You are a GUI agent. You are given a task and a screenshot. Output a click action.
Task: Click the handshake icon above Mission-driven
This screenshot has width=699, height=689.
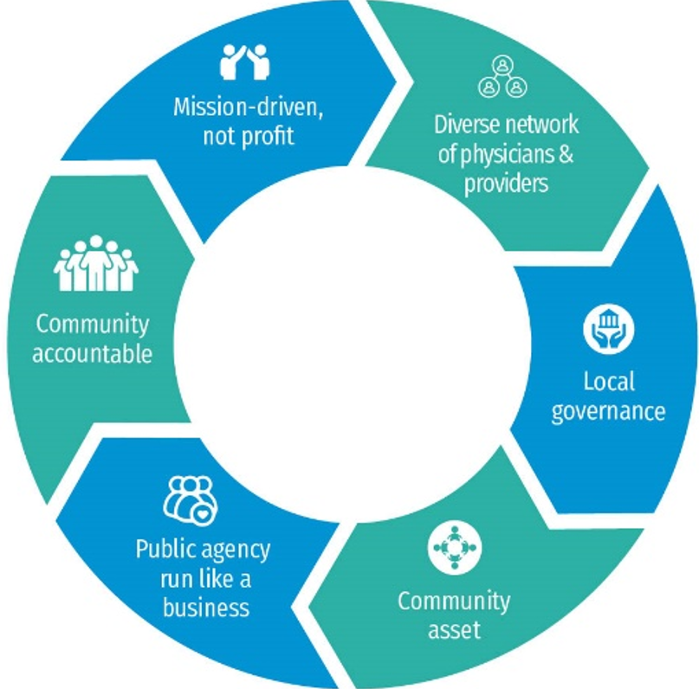coord(244,61)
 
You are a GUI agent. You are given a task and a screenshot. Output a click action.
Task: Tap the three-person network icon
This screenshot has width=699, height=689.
coord(502,76)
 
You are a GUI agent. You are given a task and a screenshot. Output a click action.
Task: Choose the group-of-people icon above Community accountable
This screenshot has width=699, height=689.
coord(95,263)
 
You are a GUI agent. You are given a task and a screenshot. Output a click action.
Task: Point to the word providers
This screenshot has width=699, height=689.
coord(507,184)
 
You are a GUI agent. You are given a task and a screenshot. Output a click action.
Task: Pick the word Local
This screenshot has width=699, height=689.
coord(608,381)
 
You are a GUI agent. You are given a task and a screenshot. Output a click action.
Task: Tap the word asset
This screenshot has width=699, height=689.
coord(453,629)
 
